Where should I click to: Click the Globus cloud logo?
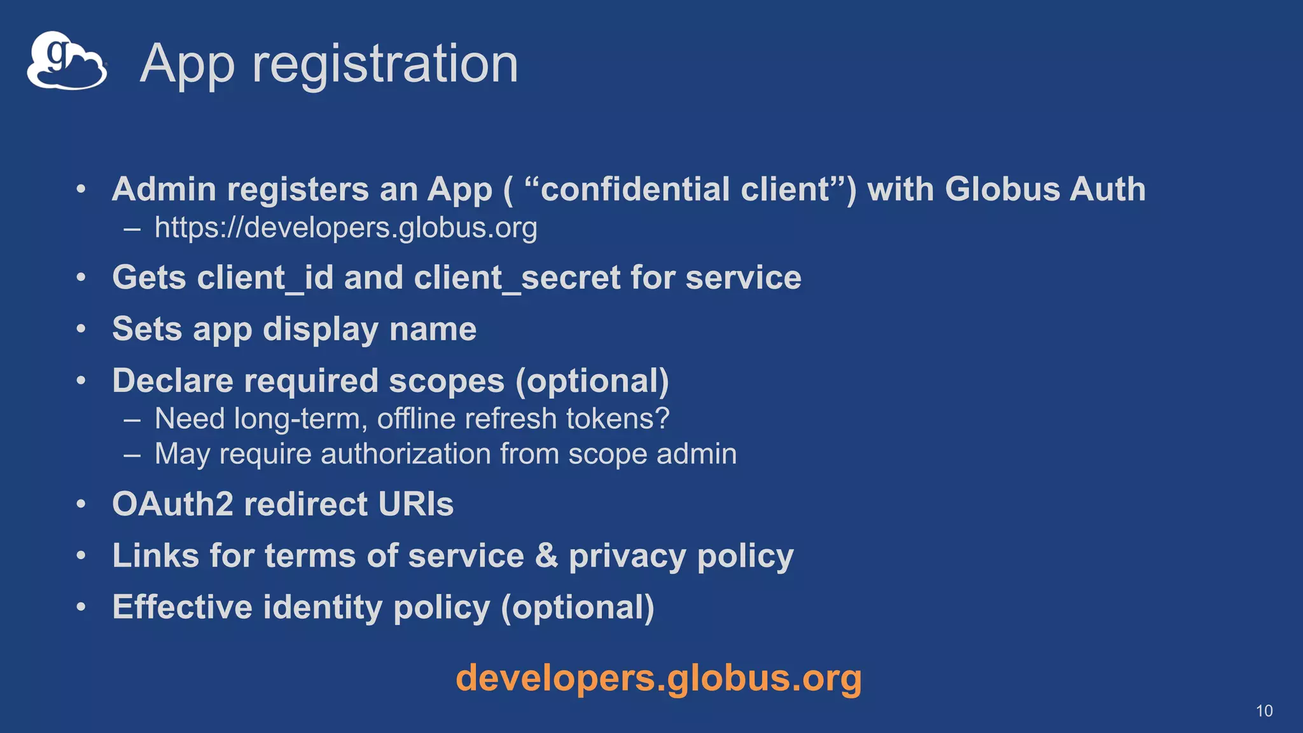point(66,61)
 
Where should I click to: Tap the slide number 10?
point(1264,711)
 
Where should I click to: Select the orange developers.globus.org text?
point(658,678)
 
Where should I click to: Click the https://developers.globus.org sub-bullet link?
point(345,228)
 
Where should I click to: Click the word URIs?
point(415,505)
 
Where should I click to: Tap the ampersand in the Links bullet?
point(547,556)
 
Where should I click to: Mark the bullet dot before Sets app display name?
point(81,330)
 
